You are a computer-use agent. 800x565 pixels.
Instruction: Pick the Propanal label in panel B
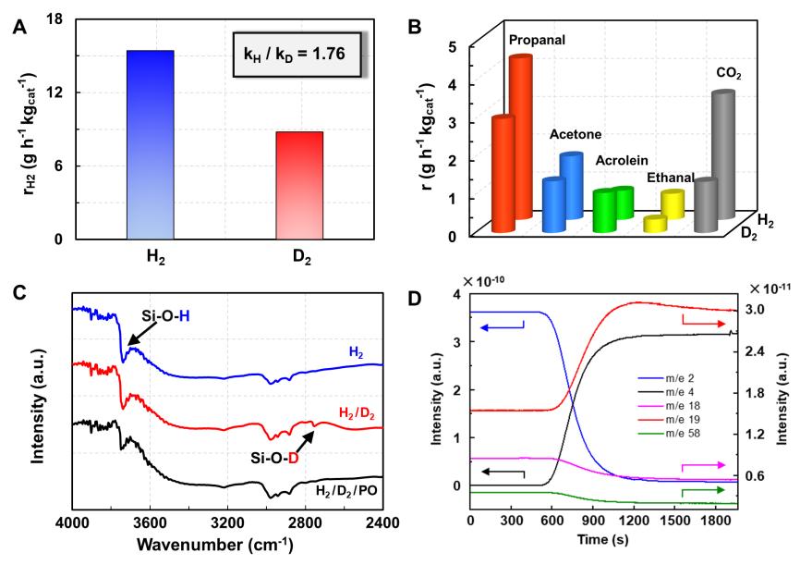[x=537, y=41]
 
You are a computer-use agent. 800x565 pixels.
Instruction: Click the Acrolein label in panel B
[x=623, y=159]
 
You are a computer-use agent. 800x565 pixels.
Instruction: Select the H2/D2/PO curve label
[x=345, y=489]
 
